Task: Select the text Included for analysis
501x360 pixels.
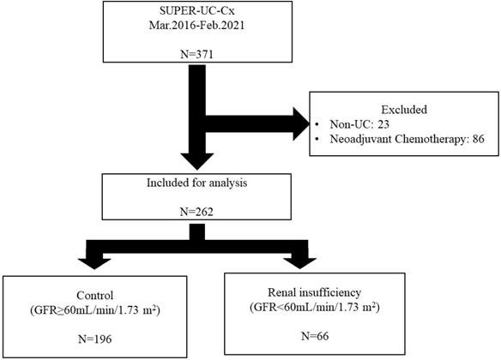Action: pyautogui.click(x=175, y=182)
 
